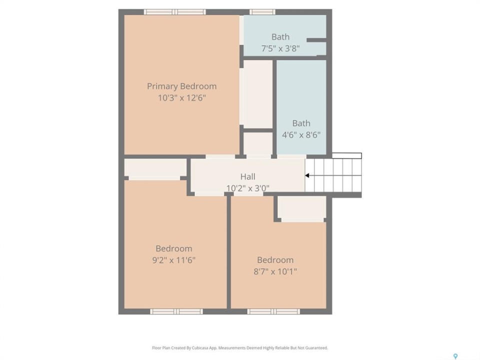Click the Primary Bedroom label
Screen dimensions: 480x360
(x=182, y=86)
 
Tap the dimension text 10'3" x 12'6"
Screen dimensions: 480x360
(x=182, y=98)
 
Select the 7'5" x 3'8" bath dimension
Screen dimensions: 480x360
(x=280, y=48)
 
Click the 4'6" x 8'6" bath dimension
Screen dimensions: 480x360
(x=301, y=134)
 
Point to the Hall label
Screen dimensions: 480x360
(x=247, y=176)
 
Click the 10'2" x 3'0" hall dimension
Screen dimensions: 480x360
(x=247, y=188)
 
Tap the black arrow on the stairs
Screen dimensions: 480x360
(x=306, y=175)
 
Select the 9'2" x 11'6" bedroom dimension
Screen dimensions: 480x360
(x=174, y=260)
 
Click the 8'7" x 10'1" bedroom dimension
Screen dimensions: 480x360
(x=275, y=271)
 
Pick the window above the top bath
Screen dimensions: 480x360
(x=262, y=12)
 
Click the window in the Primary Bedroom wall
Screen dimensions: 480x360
(x=175, y=12)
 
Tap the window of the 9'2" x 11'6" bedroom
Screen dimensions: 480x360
(x=176, y=311)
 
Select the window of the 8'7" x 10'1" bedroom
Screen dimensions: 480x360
(x=273, y=311)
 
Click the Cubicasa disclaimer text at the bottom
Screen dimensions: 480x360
(x=239, y=348)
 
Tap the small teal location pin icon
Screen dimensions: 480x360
(x=455, y=356)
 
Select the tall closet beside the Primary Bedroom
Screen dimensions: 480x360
(x=258, y=94)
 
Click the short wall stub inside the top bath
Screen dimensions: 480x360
(x=316, y=40)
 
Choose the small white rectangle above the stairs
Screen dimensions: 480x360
(x=347, y=156)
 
